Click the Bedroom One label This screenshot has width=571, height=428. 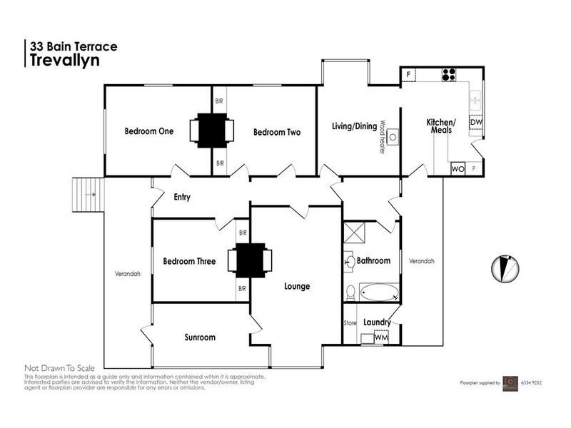point(149,131)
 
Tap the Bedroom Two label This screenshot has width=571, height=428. point(277,132)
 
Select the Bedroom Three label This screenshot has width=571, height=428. point(189,261)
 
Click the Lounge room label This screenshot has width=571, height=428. point(297,286)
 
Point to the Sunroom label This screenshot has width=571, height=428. point(200,337)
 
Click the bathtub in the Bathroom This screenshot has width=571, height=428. point(378,292)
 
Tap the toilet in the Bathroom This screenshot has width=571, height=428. point(350,292)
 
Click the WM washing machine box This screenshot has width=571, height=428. point(380,337)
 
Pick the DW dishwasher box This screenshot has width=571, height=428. point(476,123)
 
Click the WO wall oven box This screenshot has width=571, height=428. point(458,169)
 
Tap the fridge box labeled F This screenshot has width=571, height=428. point(409,74)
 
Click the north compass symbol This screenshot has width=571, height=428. point(503,267)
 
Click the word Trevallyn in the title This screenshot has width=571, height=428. point(64,61)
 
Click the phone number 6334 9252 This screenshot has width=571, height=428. point(533,383)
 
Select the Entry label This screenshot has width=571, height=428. point(181,198)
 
